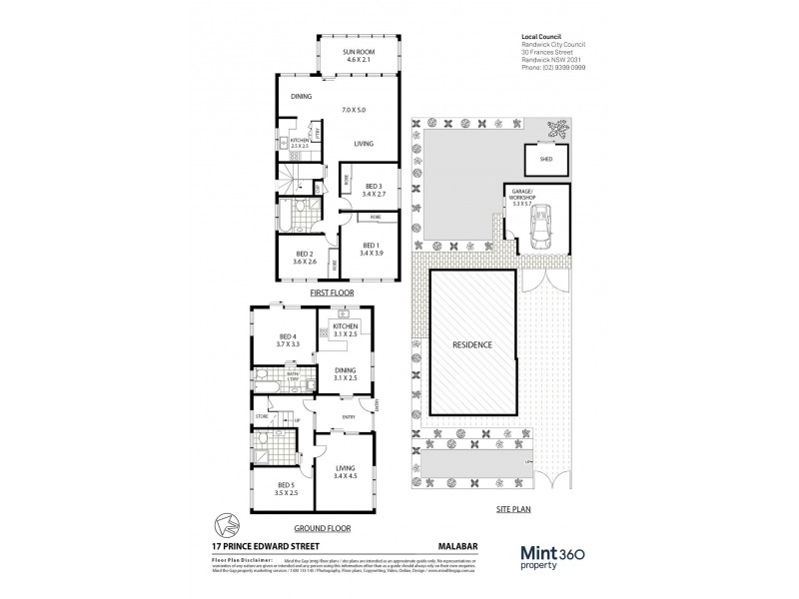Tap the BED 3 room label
372,187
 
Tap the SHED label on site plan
546,157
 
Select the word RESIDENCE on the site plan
473,344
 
